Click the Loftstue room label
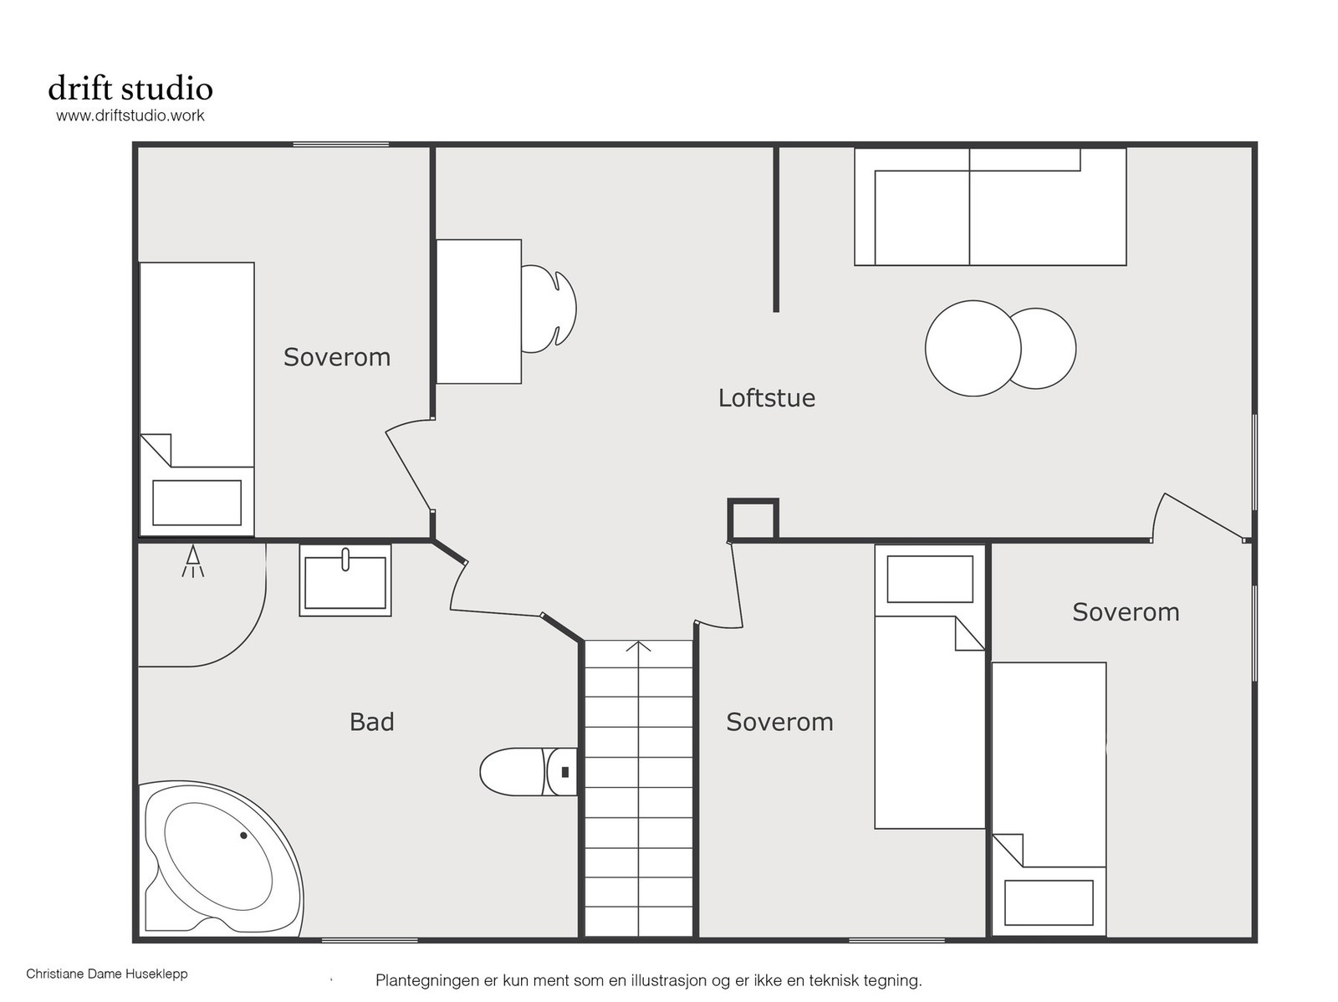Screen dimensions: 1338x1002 [x=766, y=398]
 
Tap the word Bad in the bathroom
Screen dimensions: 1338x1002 [x=372, y=722]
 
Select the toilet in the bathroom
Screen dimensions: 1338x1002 [x=528, y=772]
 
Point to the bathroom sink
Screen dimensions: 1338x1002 [x=345, y=580]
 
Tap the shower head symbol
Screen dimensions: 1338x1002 [x=192, y=561]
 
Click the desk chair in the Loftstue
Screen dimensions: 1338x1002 [x=549, y=309]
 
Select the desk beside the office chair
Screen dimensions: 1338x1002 [x=478, y=311]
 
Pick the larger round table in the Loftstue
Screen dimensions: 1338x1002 [x=973, y=349]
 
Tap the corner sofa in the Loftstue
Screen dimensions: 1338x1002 [x=990, y=207]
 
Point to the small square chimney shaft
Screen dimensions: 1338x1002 [x=753, y=519]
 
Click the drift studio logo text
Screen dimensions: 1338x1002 [x=130, y=89]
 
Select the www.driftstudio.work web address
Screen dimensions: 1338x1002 [x=130, y=115]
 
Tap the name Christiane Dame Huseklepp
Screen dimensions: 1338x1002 [x=107, y=974]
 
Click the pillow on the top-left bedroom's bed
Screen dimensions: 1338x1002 [x=197, y=503]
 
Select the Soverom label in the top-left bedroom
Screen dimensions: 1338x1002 [x=337, y=357]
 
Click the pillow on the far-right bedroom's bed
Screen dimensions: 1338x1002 [x=1049, y=902]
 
